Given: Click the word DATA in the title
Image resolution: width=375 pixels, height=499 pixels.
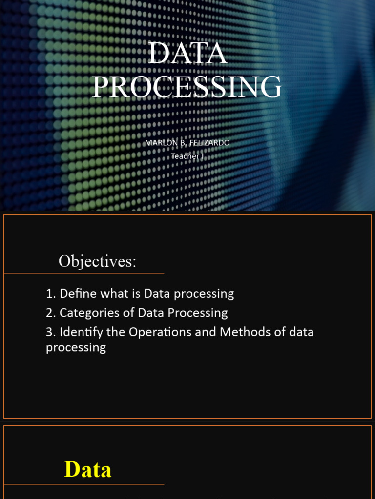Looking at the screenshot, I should [187, 54].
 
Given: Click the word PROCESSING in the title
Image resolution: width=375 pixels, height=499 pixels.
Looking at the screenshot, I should [187, 87].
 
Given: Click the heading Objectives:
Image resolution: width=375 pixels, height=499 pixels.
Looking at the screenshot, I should [97, 262].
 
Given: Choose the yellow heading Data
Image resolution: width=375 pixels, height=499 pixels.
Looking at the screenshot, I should [88, 470].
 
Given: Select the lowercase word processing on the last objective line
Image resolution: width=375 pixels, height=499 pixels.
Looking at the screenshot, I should [76, 348].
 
